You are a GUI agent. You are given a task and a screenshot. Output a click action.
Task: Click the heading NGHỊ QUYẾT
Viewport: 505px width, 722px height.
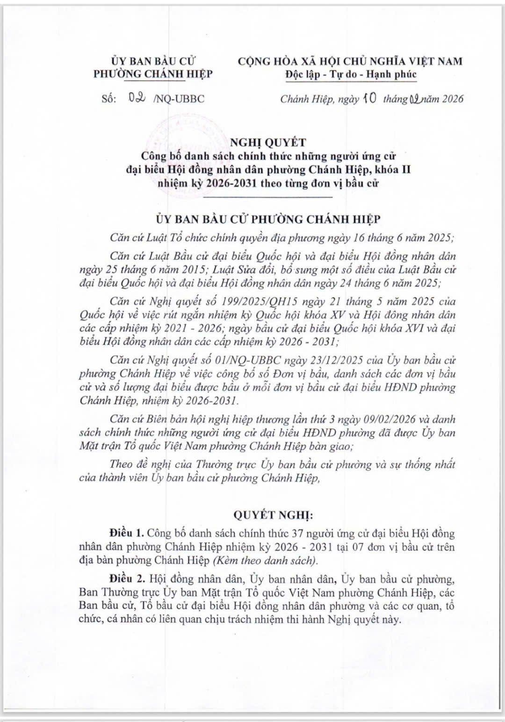268,142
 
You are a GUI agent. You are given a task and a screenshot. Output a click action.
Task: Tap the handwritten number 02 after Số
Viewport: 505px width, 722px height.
138,99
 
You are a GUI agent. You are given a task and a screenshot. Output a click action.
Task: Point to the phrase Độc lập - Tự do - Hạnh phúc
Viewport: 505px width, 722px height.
350,74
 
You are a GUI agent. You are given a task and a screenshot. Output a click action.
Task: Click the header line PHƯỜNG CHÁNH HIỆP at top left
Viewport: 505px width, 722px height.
153,74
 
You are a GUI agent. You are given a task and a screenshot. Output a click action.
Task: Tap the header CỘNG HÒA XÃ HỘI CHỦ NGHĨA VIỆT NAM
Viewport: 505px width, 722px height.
350,61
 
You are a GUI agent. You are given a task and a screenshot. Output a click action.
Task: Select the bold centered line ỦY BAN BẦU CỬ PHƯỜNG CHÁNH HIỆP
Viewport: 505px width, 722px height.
268,219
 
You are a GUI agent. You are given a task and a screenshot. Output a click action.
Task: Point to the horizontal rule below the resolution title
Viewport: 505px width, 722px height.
268,197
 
